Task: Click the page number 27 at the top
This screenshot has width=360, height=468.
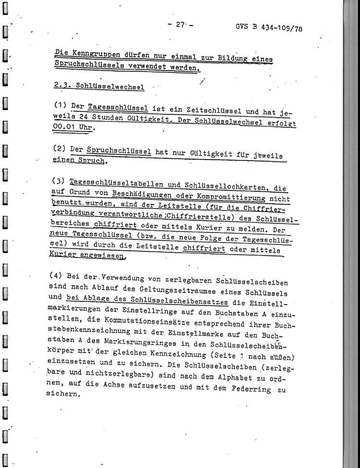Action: (x=180, y=25)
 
